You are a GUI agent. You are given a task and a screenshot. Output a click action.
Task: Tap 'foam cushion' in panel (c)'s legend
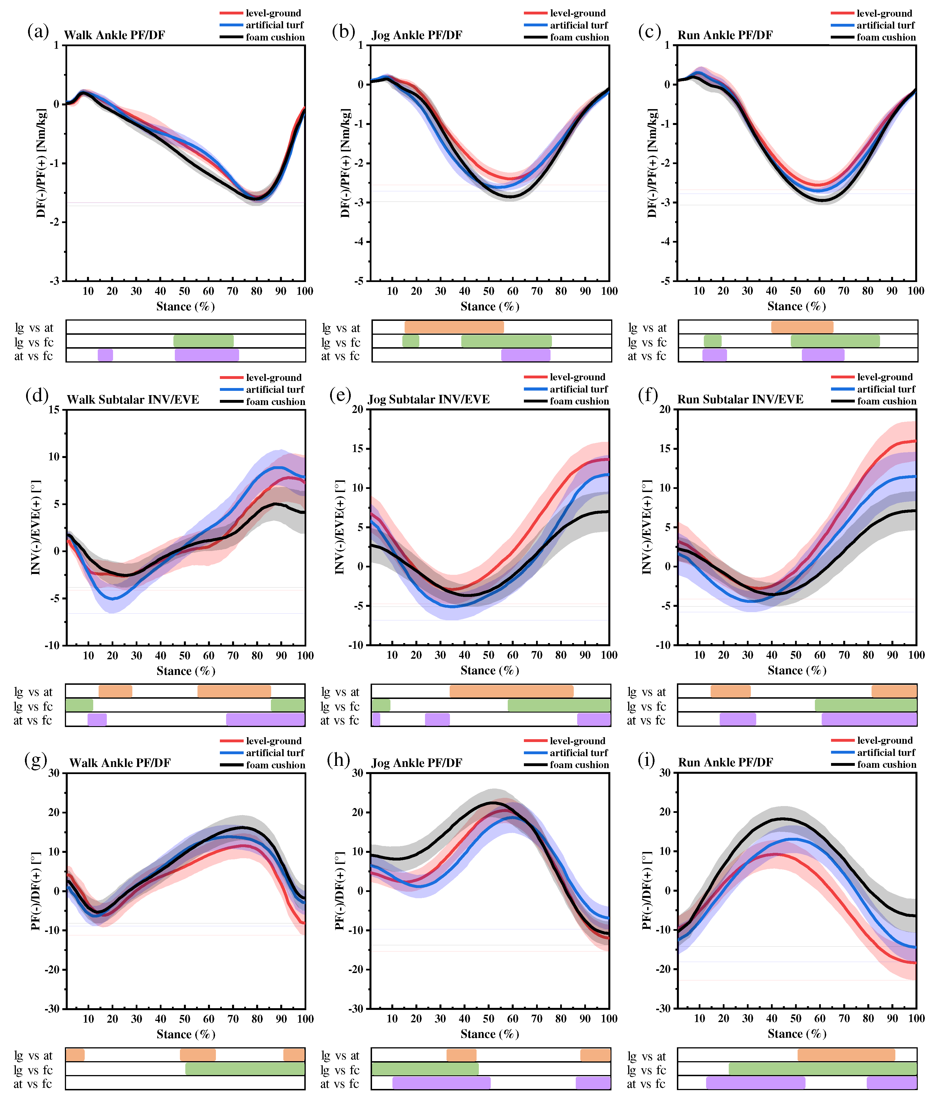click(886, 37)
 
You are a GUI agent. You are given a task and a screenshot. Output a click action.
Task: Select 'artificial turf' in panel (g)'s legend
click(275, 753)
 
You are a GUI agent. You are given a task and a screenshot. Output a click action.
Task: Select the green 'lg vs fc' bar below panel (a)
click(203, 341)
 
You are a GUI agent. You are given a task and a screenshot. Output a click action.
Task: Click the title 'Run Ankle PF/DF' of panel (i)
click(725, 762)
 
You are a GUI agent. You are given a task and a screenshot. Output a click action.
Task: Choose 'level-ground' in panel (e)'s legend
click(577, 377)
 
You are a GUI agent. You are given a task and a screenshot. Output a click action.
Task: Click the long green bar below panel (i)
click(823, 1069)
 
